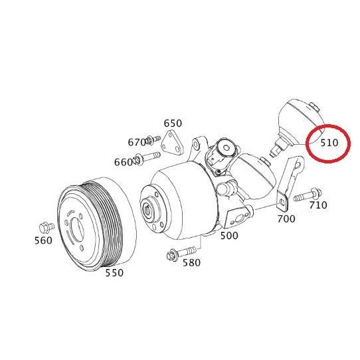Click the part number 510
[329, 142]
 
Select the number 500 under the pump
[229, 236]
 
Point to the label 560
[43, 240]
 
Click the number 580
[191, 262]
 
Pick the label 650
[173, 124]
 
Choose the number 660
[123, 162]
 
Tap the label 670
[137, 141]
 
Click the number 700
[286, 219]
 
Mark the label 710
[318, 205]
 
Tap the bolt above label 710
[306, 196]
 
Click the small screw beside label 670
[152, 139]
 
